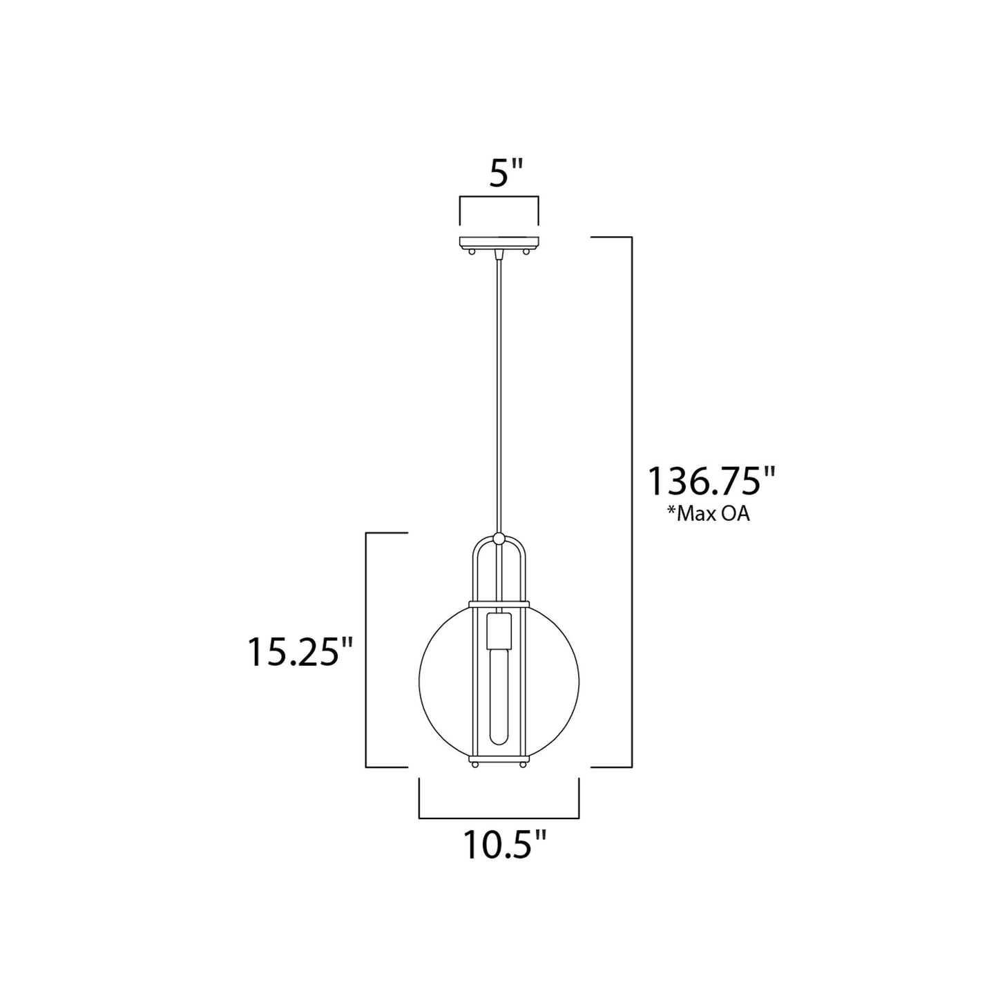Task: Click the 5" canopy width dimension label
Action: [x=506, y=175]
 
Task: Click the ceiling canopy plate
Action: [x=499, y=242]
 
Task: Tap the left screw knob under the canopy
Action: [x=472, y=252]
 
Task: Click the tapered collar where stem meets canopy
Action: [x=499, y=256]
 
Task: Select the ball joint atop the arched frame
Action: [x=499, y=537]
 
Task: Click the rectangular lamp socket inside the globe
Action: [x=499, y=630]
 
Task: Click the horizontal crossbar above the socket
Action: [x=499, y=604]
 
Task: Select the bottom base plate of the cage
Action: [x=499, y=760]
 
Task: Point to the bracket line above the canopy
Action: [x=499, y=198]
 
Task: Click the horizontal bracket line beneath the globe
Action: [x=499, y=818]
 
